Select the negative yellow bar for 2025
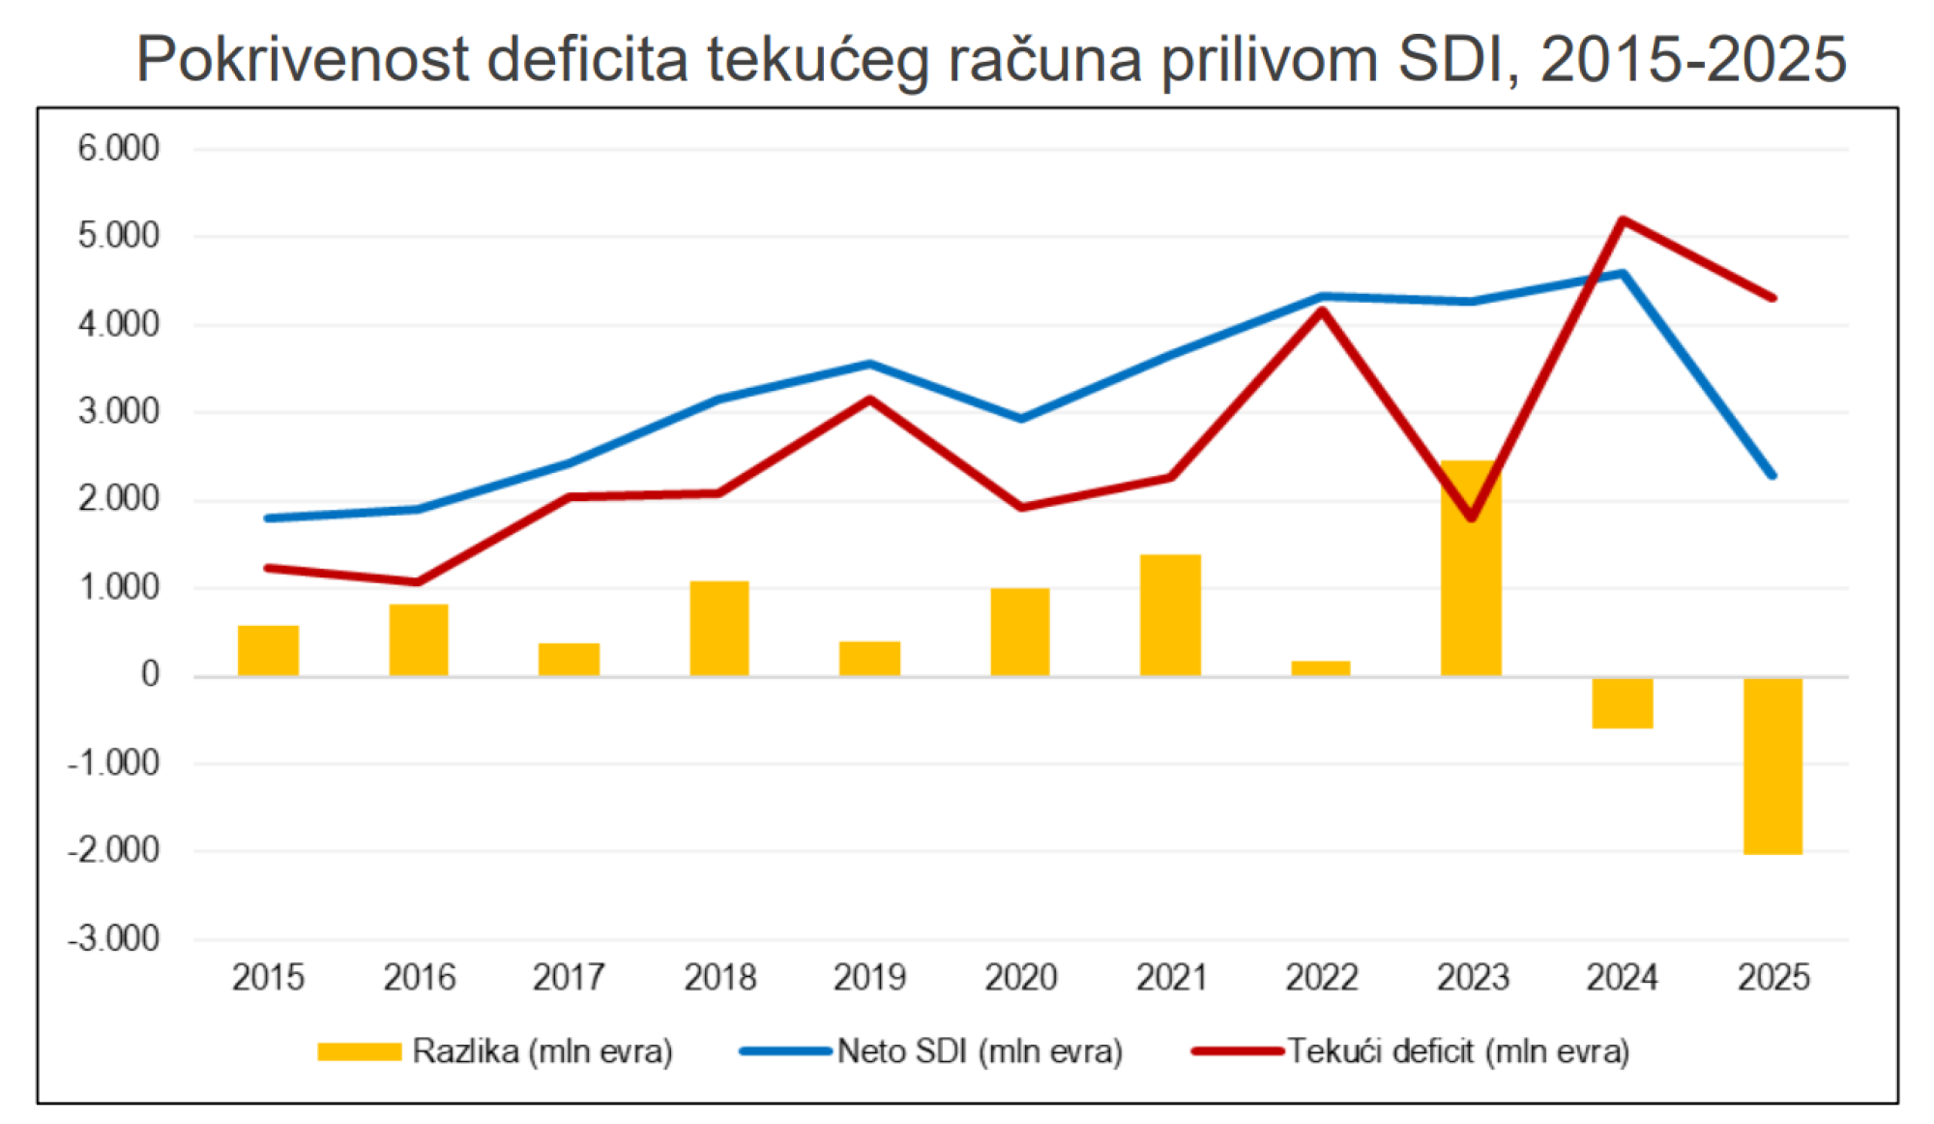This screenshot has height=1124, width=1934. (x=1773, y=765)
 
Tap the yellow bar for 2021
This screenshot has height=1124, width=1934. (x=1170, y=615)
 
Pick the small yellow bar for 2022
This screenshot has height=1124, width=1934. (x=1321, y=668)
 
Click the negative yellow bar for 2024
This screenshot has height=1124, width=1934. (x=1622, y=702)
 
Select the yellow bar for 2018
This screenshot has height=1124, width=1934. (x=719, y=628)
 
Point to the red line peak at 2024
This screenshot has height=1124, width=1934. (x=1623, y=220)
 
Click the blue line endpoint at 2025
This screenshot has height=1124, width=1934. (x=1773, y=475)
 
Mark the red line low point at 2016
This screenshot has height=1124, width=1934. (x=418, y=582)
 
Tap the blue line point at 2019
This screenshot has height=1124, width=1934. (x=869, y=364)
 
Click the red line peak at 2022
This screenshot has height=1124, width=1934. (x=1321, y=310)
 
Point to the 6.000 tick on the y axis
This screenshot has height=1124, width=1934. (x=119, y=149)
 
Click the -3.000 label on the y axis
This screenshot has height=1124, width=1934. (x=114, y=938)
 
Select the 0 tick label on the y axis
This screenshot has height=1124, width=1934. (x=149, y=674)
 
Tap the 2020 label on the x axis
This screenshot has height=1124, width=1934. (x=1020, y=978)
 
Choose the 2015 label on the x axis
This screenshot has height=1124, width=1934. (x=268, y=978)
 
